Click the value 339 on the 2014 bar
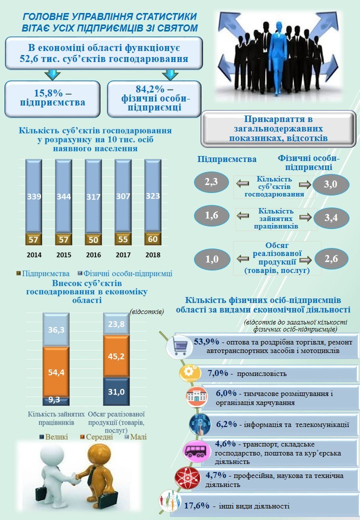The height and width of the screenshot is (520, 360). tap(34, 196)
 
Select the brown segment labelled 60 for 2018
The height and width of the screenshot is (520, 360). tap(152, 239)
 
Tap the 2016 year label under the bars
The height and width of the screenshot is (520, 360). tap(93, 255)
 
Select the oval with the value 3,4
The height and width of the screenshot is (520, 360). tap(330, 218)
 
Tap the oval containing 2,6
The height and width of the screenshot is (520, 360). tap(330, 259)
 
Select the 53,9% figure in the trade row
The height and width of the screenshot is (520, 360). tap(206, 342)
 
